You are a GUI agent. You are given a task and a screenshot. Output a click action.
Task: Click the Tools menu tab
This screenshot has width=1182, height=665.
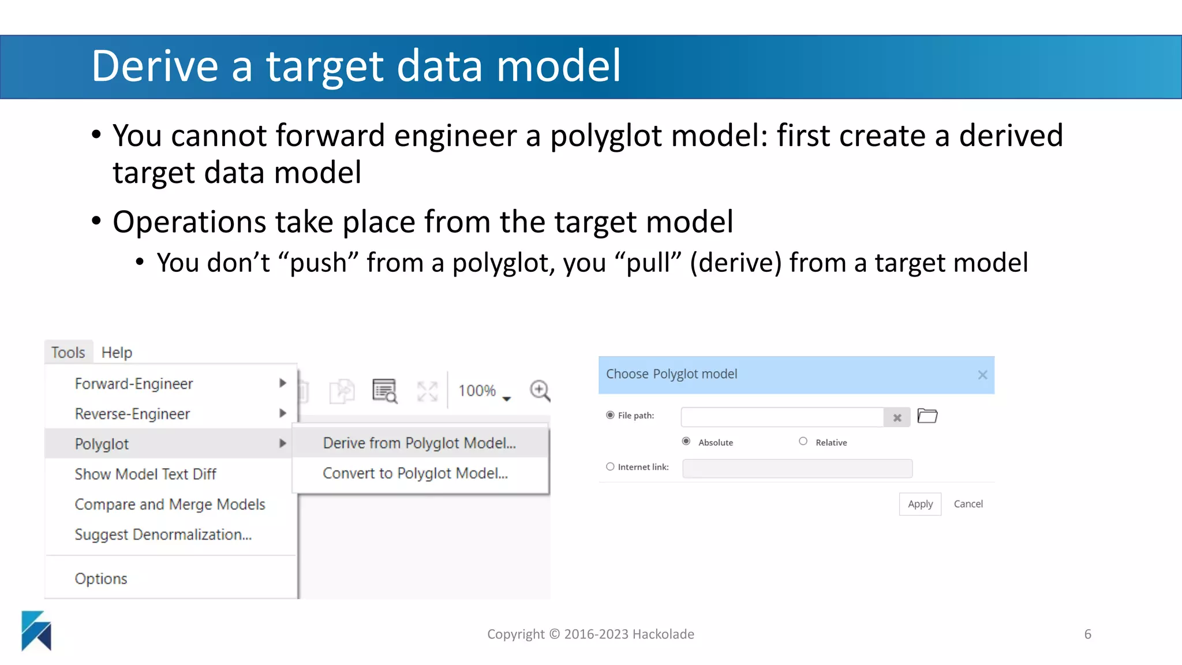(x=68, y=352)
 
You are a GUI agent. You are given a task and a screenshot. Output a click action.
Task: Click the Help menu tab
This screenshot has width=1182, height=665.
(x=117, y=352)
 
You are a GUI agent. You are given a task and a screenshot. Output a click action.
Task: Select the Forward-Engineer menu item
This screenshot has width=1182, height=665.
(x=134, y=383)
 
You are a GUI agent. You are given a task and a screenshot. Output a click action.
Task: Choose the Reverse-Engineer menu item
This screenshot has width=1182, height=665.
(x=132, y=414)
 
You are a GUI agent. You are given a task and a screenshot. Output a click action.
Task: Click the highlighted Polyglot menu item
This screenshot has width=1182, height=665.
(x=102, y=444)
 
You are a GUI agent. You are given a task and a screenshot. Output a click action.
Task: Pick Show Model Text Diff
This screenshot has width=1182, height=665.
(x=145, y=474)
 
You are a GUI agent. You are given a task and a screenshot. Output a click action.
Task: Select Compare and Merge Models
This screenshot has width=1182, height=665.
(x=170, y=504)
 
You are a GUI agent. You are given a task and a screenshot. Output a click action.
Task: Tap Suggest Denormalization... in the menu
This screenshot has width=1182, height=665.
(x=163, y=535)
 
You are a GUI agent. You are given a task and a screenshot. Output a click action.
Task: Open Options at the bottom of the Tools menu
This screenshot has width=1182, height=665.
(x=101, y=578)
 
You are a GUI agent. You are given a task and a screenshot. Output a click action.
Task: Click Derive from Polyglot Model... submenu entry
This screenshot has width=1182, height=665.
(x=419, y=443)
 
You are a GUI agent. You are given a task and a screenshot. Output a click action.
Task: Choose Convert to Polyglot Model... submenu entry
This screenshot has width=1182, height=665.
(x=415, y=473)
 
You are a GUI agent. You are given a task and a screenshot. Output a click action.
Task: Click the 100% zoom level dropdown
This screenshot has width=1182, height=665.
(x=484, y=391)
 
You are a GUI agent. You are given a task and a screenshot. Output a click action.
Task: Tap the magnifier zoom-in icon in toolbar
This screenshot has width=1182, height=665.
(x=540, y=391)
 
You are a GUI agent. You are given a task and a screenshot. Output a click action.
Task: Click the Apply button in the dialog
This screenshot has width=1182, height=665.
(x=920, y=504)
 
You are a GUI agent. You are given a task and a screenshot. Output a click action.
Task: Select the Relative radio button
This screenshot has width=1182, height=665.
(x=803, y=442)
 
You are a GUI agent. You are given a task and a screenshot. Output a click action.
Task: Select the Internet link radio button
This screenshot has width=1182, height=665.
(x=610, y=466)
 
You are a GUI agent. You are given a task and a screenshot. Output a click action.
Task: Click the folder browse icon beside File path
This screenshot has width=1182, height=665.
(x=927, y=416)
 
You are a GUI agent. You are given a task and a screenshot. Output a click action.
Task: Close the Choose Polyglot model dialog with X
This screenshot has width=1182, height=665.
(x=982, y=375)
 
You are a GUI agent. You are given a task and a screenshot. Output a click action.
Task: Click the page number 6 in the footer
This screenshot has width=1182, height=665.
(x=1087, y=634)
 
